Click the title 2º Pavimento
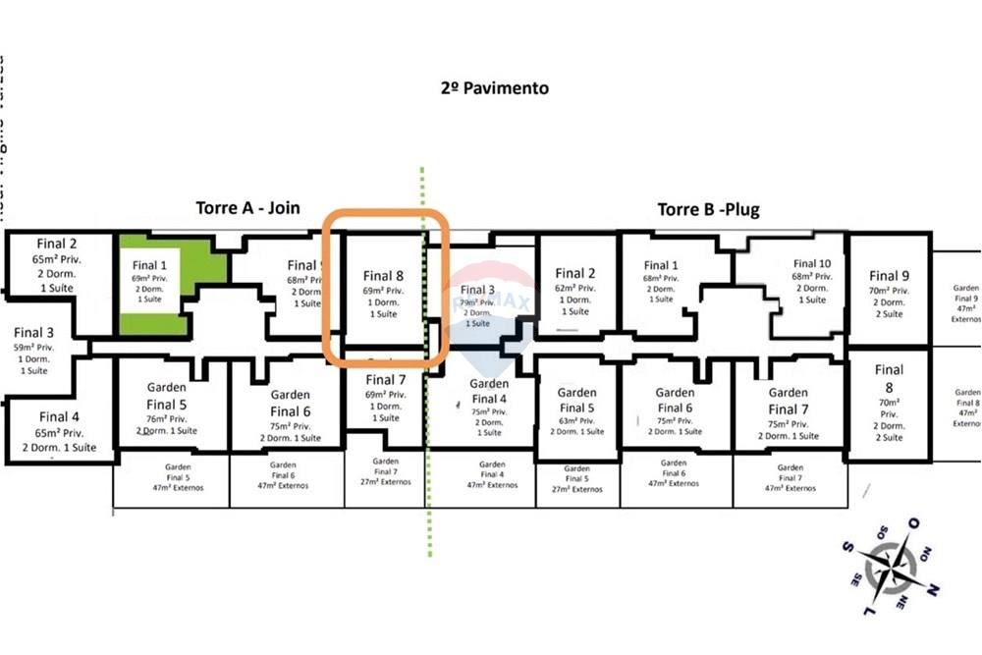coord(495,88)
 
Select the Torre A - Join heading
coord(247,208)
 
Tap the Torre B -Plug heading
coord(707,209)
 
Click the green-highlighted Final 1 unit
coord(150,281)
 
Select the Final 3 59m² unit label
coord(34,351)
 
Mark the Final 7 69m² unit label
coord(385,398)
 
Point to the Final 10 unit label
coord(811,281)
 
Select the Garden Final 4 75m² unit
coord(488,407)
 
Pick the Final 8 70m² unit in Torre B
coord(889,404)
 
